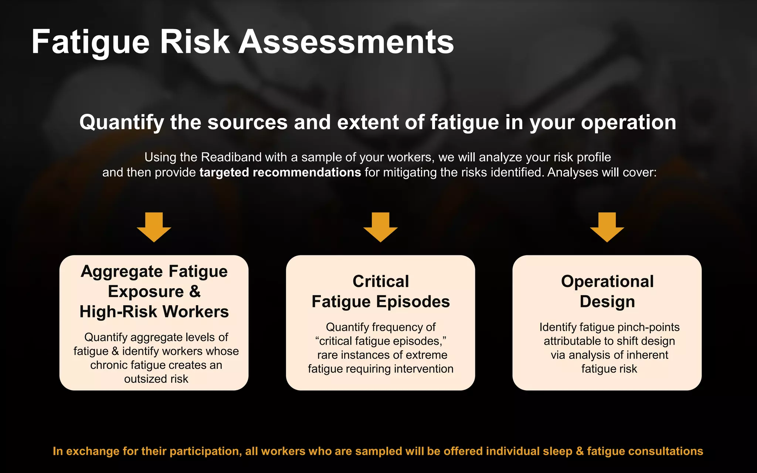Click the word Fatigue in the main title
91,42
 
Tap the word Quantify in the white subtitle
122,122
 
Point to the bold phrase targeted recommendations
280,173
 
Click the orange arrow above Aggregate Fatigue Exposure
154,227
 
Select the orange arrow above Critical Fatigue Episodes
380,227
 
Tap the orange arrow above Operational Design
607,227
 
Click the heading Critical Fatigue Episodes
380,292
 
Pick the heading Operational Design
607,292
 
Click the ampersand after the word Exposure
195,292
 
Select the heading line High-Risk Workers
154,312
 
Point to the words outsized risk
156,379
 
